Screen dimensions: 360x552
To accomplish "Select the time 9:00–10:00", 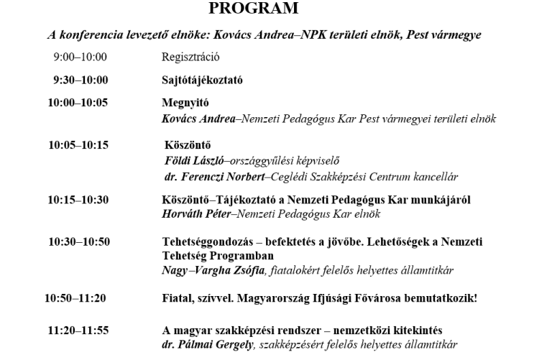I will point(80,57).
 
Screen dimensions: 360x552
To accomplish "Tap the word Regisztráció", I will point(190,57).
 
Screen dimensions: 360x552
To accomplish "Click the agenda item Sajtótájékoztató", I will point(202,80).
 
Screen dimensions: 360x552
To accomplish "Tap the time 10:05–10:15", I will point(78,144).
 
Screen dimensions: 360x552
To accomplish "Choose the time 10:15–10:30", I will point(78,200).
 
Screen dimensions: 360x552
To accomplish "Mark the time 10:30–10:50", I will point(79,241).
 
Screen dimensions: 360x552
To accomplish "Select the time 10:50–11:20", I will point(75,298).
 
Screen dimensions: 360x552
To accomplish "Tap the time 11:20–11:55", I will point(78,331).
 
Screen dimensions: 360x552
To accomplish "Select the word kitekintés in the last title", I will point(415,331).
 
